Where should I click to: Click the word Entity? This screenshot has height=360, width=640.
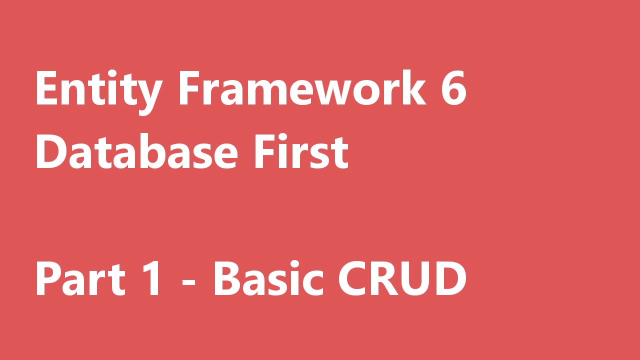pyautogui.click(x=99, y=92)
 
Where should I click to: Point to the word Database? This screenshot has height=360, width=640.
pyautogui.click(x=136, y=151)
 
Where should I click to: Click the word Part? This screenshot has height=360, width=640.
pyautogui.click(x=80, y=278)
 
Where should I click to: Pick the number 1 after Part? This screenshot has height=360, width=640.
pyautogui.click(x=149, y=278)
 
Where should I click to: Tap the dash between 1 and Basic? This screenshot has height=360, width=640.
pyautogui.click(x=188, y=282)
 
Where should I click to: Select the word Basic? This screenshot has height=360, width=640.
pyautogui.click(x=268, y=278)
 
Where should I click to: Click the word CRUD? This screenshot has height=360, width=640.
pyautogui.click(x=402, y=278)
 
